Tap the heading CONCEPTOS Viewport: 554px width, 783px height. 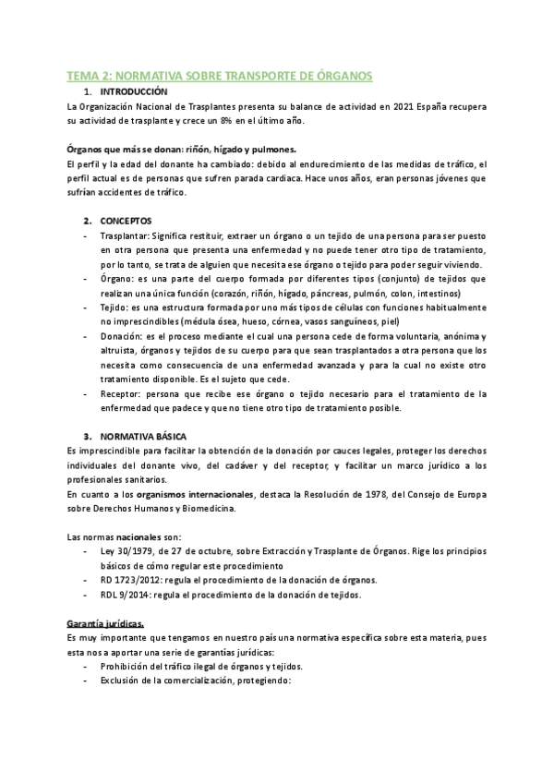coord(127,221)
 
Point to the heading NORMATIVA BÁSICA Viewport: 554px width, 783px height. coord(144,436)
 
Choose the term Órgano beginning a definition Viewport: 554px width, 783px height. coord(115,279)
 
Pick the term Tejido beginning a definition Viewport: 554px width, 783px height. coord(114,307)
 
